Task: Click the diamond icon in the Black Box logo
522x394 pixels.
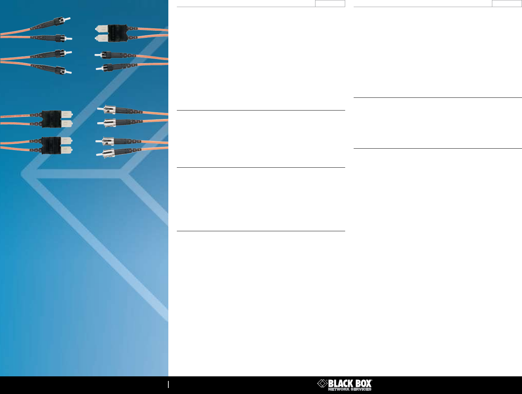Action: coord(323,383)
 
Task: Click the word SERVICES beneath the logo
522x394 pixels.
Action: coord(361,389)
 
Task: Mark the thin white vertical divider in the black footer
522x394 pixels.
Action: coord(168,384)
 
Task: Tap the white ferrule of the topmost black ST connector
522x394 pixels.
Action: coord(68,19)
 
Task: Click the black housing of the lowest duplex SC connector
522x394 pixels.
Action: coord(52,145)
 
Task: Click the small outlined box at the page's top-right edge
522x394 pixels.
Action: coord(506,4)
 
